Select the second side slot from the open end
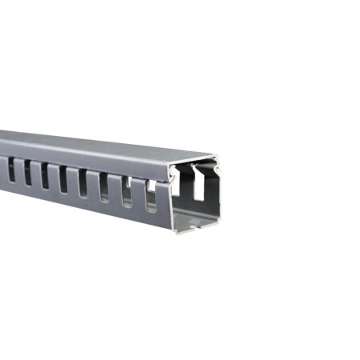pos(126,191)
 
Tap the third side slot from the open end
pos(104,186)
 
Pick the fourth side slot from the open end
pos(82,182)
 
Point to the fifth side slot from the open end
pos(62,178)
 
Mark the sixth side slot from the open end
pos(44,174)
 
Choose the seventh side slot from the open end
pos(26,171)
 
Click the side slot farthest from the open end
pos(10,168)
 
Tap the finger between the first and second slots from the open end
pos(138,194)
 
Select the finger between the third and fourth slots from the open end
pos(93,185)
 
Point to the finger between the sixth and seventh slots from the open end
pos(35,173)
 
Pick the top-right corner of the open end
pos(219,162)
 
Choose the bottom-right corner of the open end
pos(218,225)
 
